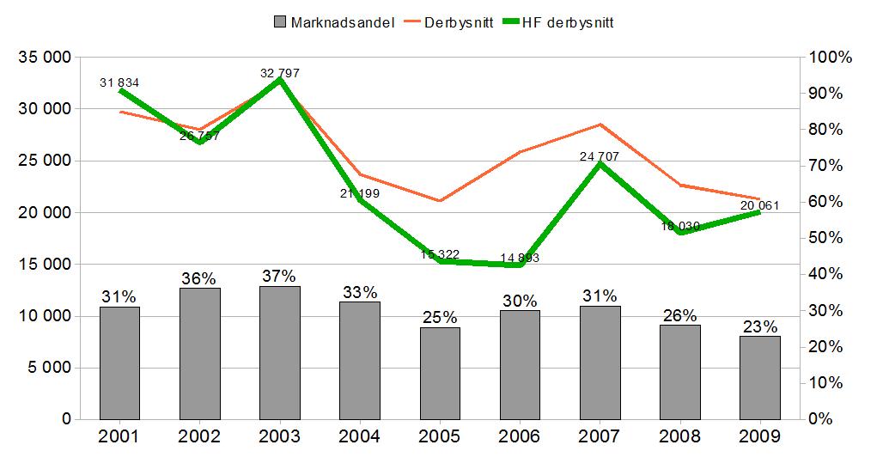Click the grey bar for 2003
(x=280, y=352)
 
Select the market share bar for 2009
(x=760, y=377)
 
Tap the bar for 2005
(x=440, y=373)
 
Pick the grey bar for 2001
(x=119, y=363)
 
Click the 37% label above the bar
(x=280, y=277)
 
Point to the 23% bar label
(x=760, y=326)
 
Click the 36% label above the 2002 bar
(x=199, y=278)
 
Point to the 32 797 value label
(x=280, y=73)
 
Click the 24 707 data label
(x=600, y=156)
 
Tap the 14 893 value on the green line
(x=521, y=258)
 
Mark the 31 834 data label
(x=119, y=82)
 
